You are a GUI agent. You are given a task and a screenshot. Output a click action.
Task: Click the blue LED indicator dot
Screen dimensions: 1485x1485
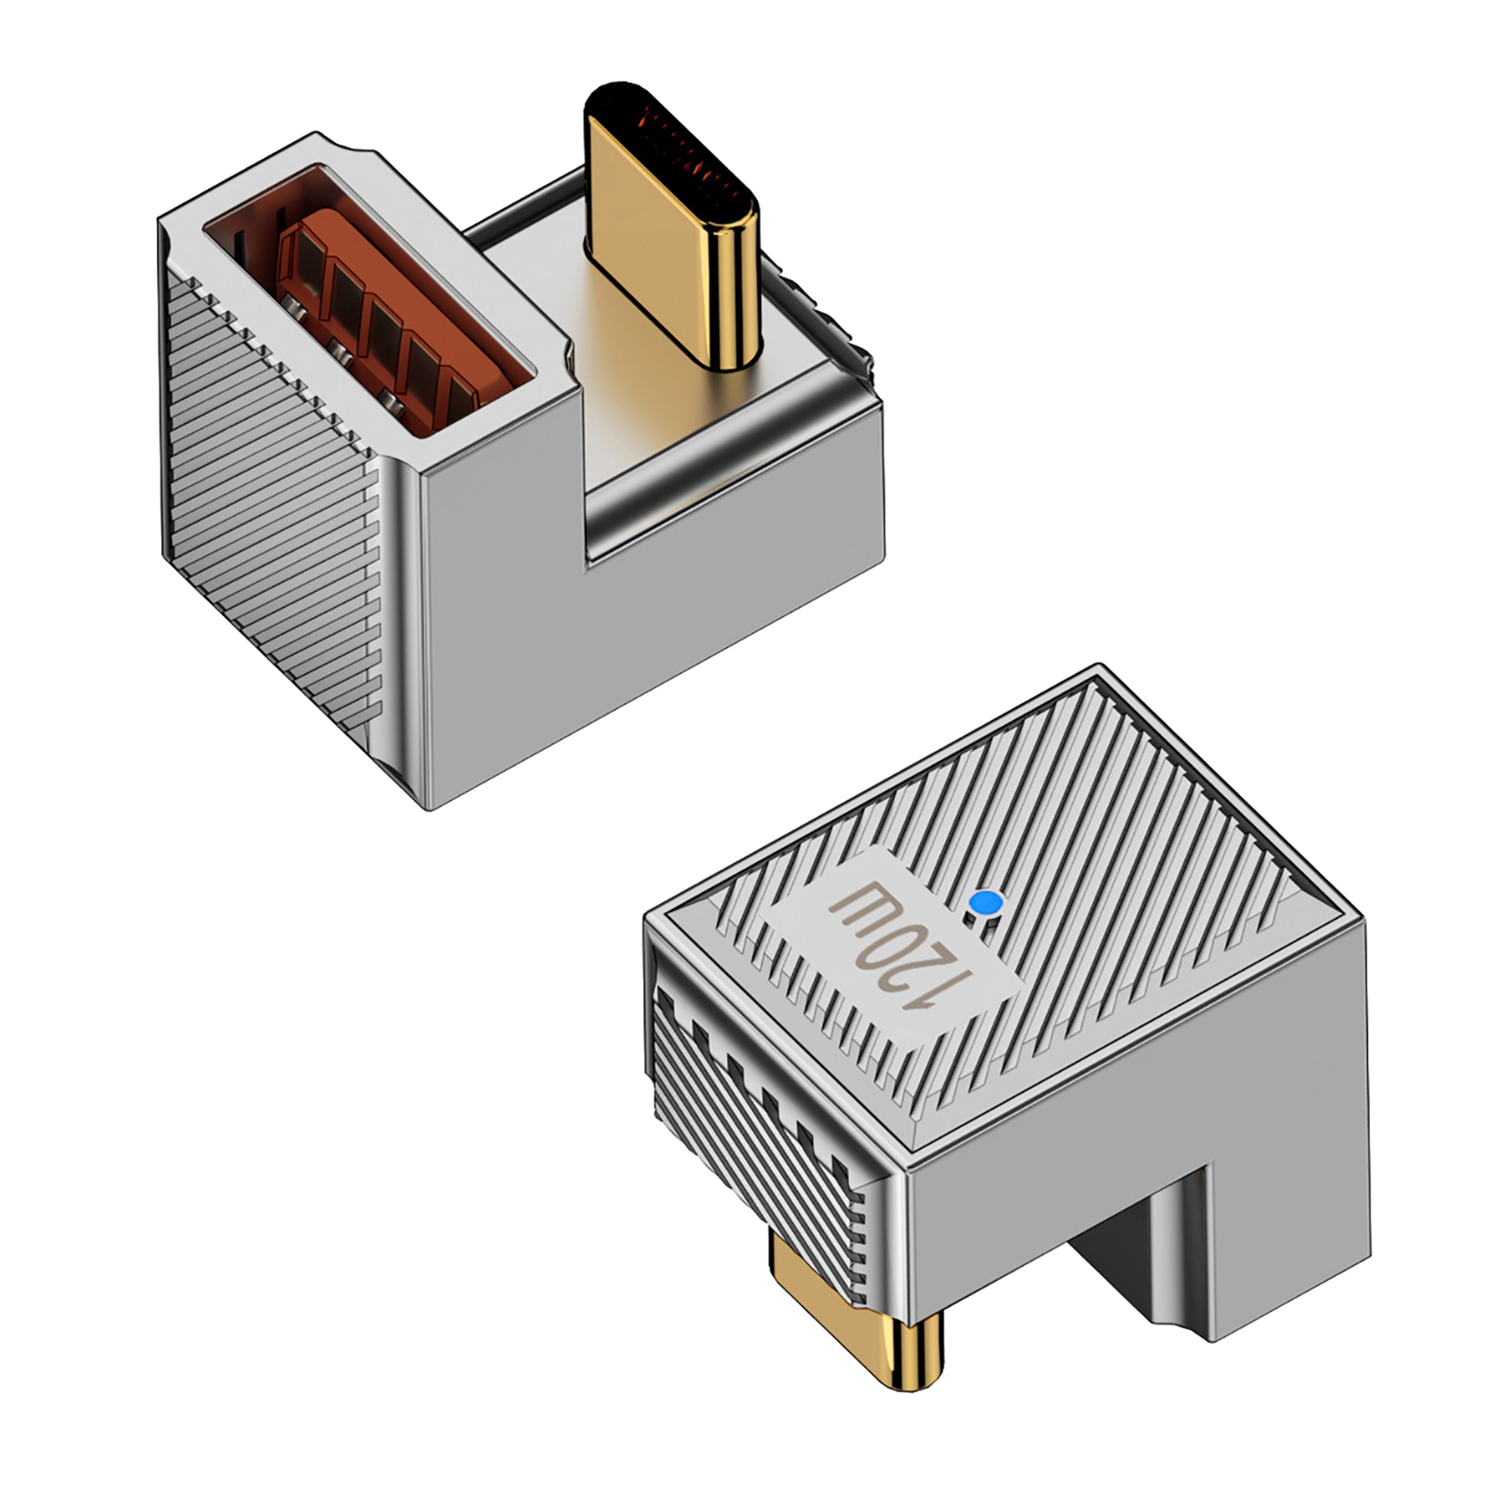click(x=986, y=901)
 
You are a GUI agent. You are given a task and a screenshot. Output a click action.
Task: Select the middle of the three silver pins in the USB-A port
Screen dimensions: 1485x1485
click(x=336, y=352)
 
